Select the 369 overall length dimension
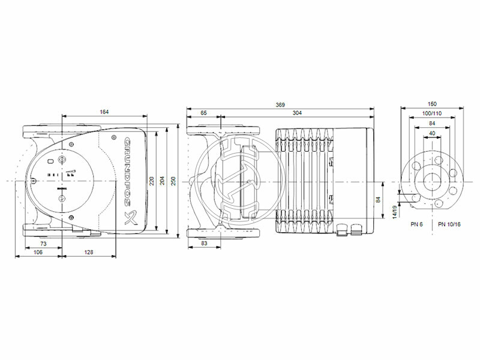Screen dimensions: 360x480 click(x=280, y=105)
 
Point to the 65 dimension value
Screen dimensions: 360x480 click(x=204, y=112)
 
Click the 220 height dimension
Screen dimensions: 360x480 click(x=152, y=180)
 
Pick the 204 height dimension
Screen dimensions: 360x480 click(x=162, y=180)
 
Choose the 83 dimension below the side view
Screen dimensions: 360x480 click(x=204, y=243)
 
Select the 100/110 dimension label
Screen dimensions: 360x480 click(x=433, y=113)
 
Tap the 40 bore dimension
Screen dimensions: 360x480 click(x=433, y=133)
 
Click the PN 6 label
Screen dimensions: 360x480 click(x=418, y=224)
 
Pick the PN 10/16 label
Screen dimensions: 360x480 click(x=449, y=224)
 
